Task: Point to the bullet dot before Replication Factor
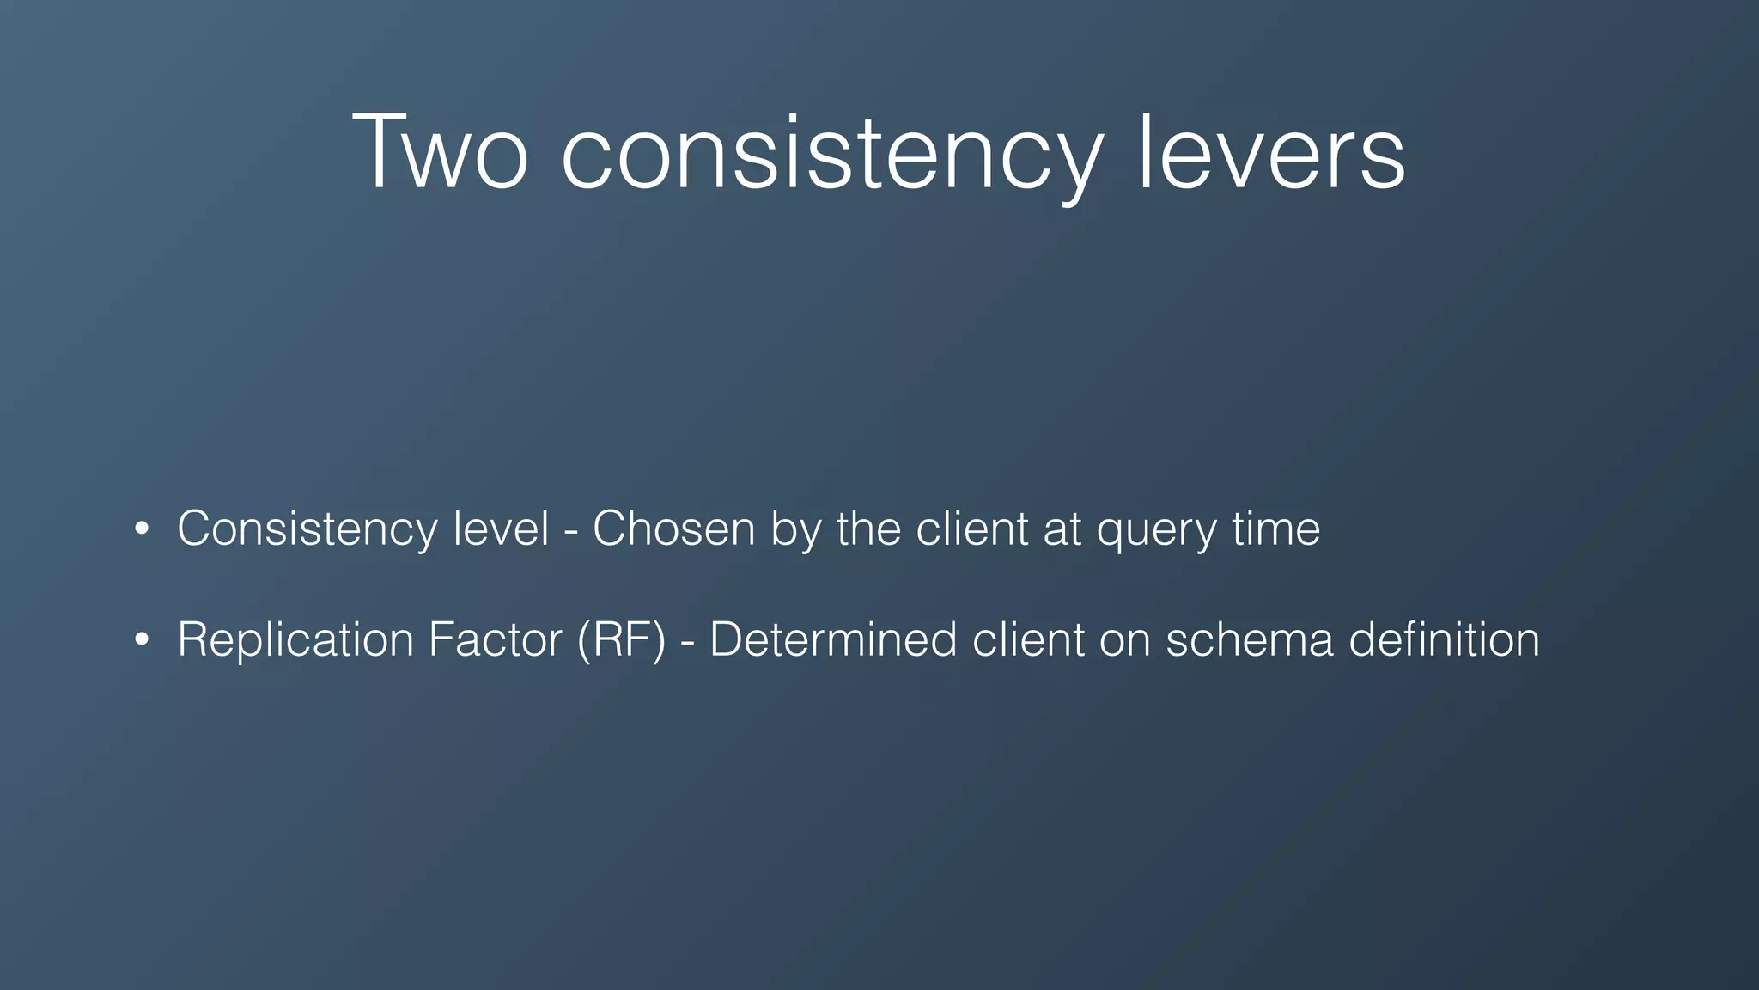(x=143, y=639)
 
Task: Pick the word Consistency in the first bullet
(x=307, y=529)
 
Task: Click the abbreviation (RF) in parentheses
(x=621, y=639)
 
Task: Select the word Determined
(x=833, y=639)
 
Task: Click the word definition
(x=1444, y=639)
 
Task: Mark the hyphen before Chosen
(x=570, y=531)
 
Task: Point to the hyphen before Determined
(x=687, y=643)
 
